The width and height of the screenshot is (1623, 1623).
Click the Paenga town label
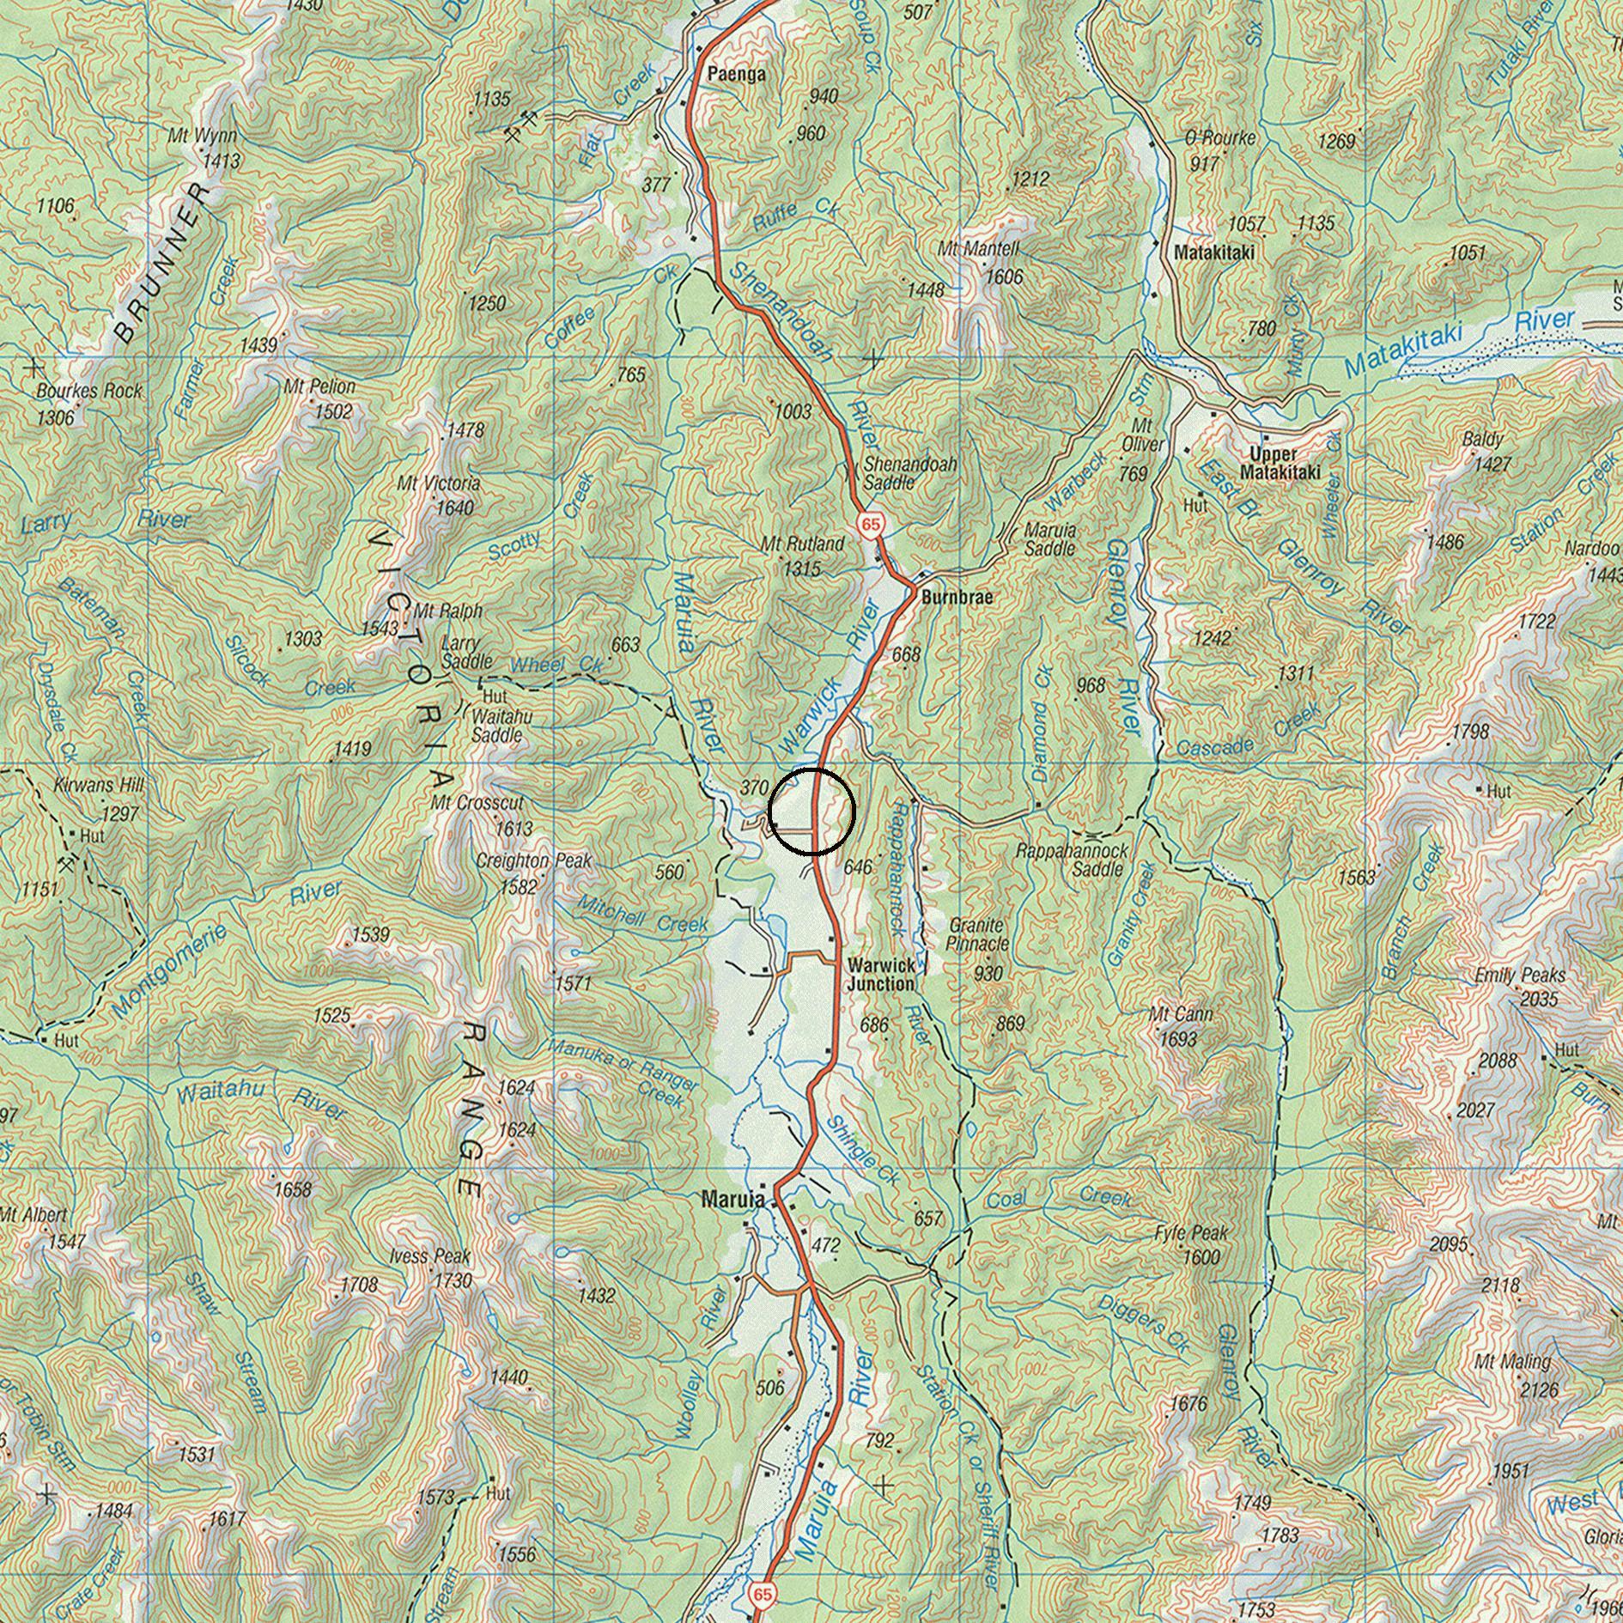coord(736,75)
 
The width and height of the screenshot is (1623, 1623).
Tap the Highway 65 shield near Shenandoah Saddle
coord(870,524)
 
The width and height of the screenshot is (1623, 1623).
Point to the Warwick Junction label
coord(880,975)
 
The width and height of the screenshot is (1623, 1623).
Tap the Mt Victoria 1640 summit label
coord(438,495)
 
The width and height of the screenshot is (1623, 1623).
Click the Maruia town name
coord(732,1199)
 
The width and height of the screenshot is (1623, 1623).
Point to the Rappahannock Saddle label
coord(1072,860)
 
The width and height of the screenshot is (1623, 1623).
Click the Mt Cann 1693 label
coord(1180,1026)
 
